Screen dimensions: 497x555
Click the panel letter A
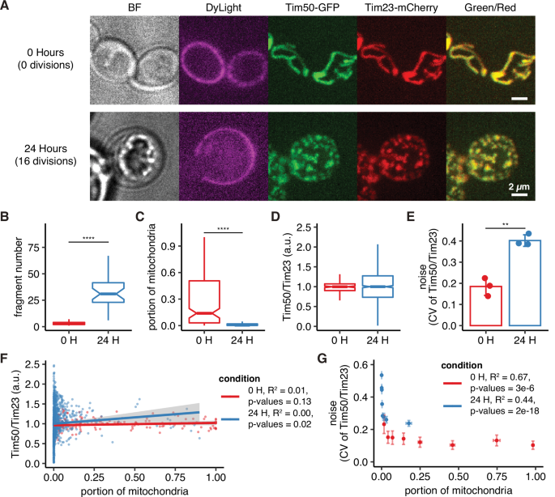6,7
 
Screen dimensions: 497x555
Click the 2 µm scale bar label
521,185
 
